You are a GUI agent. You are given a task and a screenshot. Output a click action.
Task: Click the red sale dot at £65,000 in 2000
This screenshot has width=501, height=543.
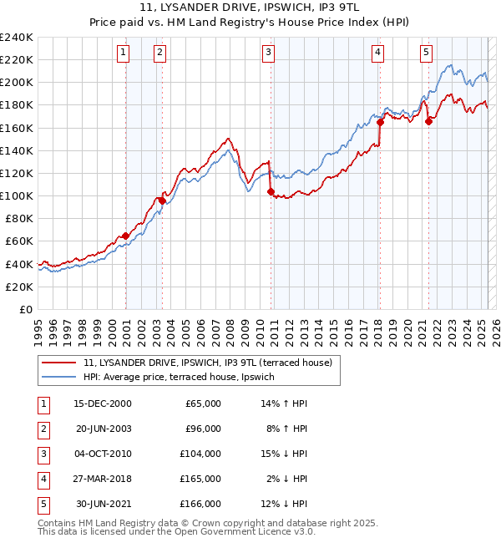pyautogui.click(x=125, y=236)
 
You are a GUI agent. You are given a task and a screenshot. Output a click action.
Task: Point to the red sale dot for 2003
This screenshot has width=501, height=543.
pyautogui.click(x=162, y=200)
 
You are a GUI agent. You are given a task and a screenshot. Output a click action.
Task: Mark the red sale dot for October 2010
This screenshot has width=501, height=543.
pyautogui.click(x=271, y=191)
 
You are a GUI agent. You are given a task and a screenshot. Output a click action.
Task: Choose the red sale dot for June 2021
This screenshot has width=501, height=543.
pyautogui.click(x=429, y=121)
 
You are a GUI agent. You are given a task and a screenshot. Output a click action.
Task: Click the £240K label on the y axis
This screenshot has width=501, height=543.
pyautogui.click(x=17, y=38)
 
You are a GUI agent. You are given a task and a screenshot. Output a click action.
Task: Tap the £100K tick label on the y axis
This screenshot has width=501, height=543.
pyautogui.click(x=17, y=195)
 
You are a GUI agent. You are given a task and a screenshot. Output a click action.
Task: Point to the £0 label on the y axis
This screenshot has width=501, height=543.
pyautogui.click(x=25, y=309)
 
